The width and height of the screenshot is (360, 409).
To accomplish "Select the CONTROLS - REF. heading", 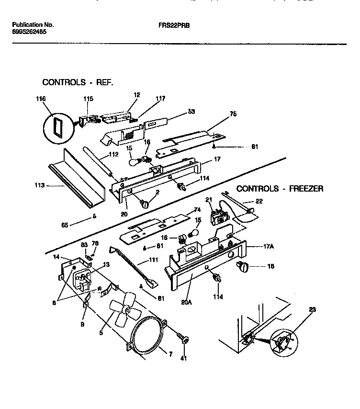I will pyautogui.click(x=78, y=82).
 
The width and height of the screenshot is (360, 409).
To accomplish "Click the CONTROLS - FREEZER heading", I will pyautogui.click(x=280, y=189).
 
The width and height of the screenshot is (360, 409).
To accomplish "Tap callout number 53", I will pyautogui.click(x=191, y=112).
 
